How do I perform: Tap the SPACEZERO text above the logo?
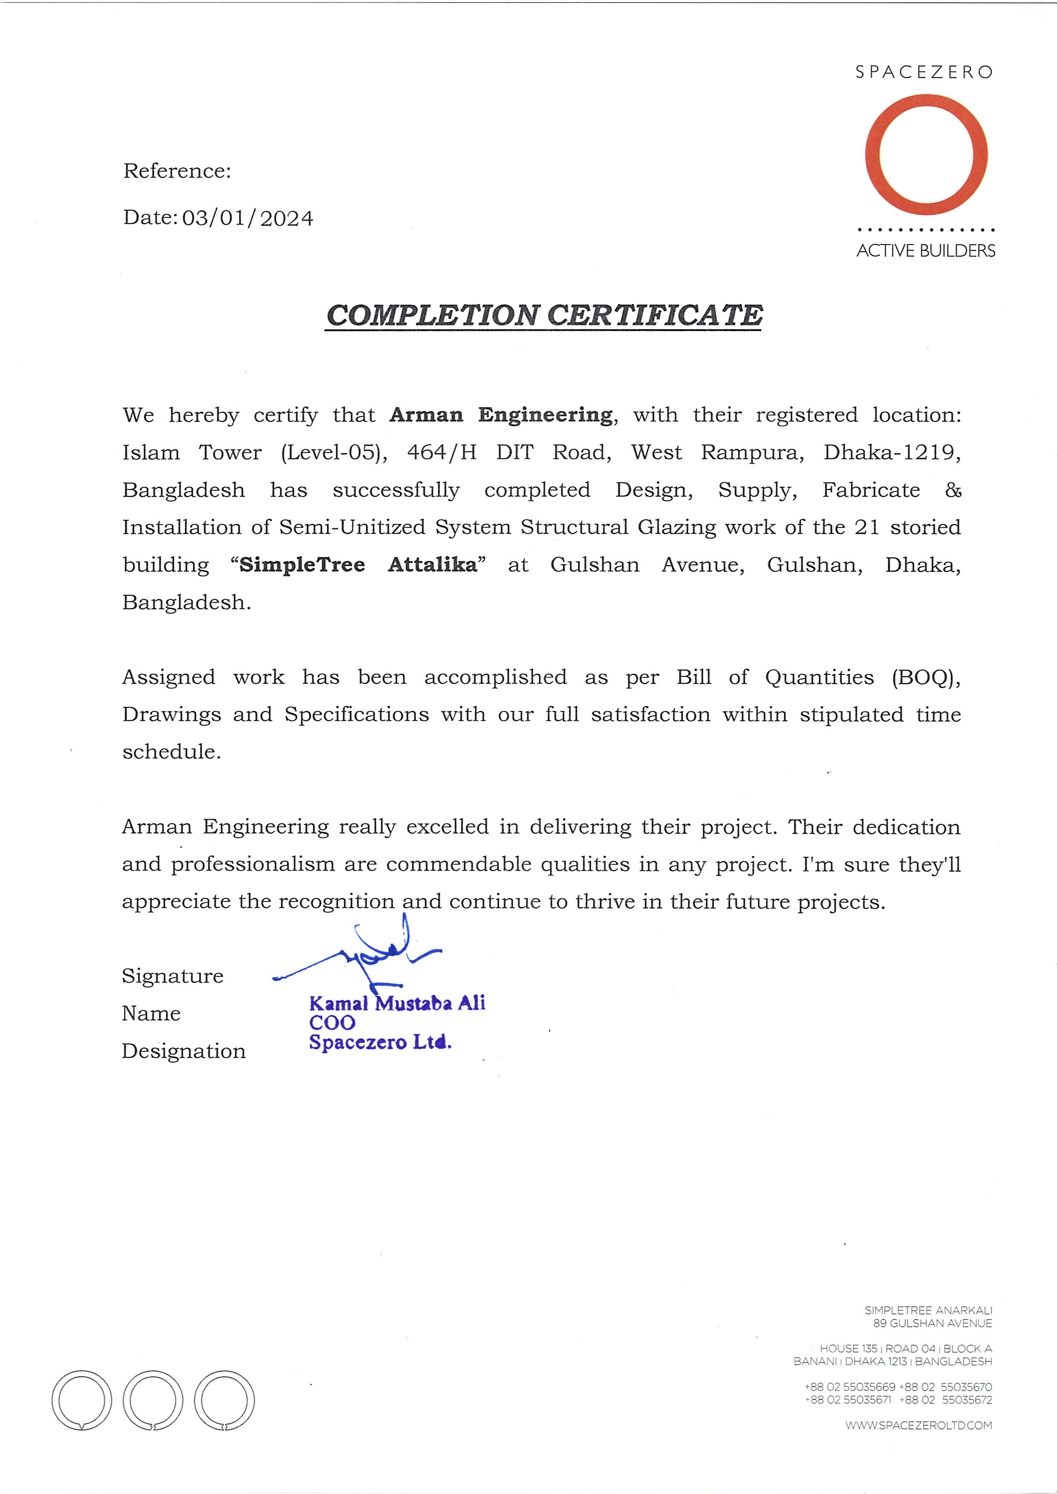pos(924,72)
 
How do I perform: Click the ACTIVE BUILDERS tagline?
pos(926,250)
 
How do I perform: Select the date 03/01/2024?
pos(247,218)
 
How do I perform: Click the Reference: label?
pos(177,171)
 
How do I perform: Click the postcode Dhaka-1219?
pos(891,452)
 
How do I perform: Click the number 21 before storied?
pos(866,527)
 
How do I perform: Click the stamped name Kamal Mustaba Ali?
pos(397,1003)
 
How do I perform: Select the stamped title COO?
pos(332,1023)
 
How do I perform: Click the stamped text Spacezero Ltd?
pos(380,1042)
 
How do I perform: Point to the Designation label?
pos(184,1051)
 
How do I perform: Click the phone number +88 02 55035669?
pos(849,1387)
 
